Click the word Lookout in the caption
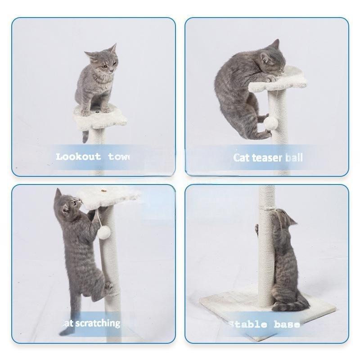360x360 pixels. [79, 157]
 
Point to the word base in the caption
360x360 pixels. [286, 324]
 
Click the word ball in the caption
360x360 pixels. [293, 157]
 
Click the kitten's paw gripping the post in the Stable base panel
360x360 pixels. [257, 229]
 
